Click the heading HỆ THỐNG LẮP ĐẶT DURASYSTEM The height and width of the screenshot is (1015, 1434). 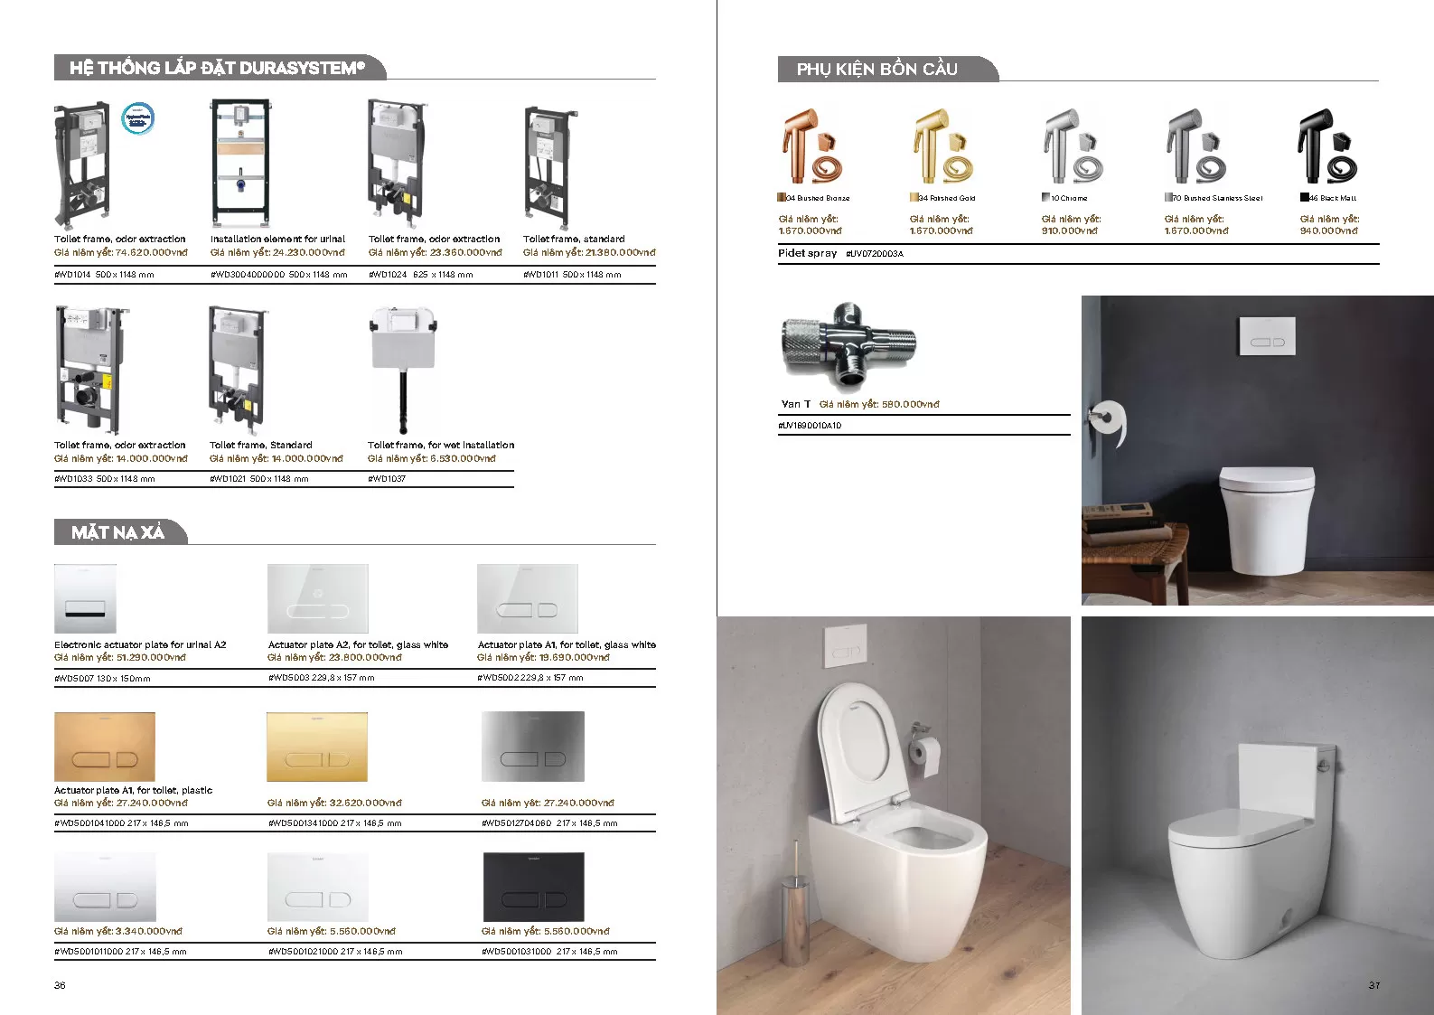click(x=217, y=68)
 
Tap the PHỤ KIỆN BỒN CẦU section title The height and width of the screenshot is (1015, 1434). click(x=876, y=69)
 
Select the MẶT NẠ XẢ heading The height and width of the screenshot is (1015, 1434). click(x=117, y=532)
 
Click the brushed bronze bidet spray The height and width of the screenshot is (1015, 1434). click(x=810, y=146)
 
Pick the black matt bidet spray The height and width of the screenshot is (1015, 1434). click(x=1326, y=146)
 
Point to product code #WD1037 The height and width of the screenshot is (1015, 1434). click(x=387, y=479)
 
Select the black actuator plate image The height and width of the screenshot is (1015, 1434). click(x=533, y=887)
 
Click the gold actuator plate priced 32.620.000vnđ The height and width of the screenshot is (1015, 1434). click(x=317, y=747)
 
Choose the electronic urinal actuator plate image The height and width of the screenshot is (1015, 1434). click(x=86, y=598)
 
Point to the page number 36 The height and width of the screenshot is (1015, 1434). click(x=60, y=985)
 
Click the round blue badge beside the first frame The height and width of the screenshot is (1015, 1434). click(x=138, y=118)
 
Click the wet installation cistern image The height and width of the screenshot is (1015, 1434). click(x=403, y=362)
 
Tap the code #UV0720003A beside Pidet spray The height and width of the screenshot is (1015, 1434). click(x=874, y=254)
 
